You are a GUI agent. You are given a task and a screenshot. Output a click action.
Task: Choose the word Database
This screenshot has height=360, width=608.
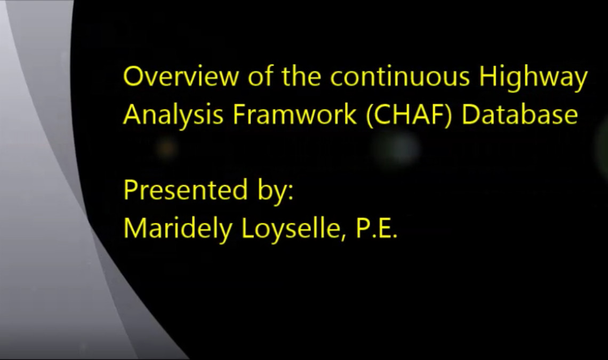click(x=519, y=115)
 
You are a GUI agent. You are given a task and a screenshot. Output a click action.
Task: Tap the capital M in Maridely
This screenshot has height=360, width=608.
click(x=134, y=228)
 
